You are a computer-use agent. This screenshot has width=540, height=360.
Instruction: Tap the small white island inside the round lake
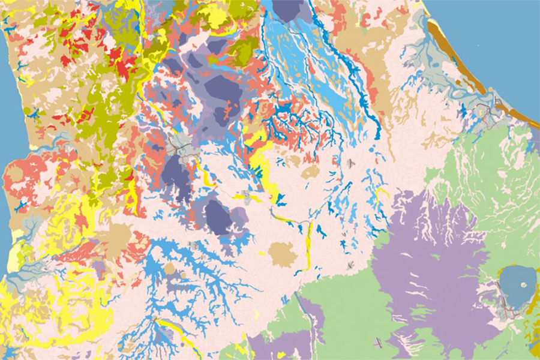523,285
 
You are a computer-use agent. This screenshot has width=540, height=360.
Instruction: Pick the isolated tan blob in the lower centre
282,255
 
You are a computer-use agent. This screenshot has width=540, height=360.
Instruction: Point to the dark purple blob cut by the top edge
288,9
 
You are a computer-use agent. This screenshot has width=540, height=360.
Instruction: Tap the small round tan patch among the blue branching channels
170,268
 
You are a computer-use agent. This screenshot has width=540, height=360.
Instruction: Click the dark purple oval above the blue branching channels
218,217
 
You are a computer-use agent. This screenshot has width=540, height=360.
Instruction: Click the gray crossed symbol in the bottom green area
378,344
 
